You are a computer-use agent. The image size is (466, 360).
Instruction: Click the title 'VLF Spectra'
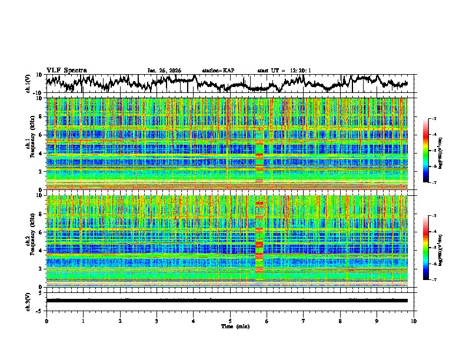66,70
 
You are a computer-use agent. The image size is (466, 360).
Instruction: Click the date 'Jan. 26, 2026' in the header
164,71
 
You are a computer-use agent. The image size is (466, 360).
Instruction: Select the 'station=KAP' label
218,71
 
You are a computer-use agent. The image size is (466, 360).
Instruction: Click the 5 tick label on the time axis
230,321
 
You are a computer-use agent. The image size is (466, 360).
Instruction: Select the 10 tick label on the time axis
414,321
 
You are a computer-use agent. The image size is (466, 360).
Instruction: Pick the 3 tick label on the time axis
157,321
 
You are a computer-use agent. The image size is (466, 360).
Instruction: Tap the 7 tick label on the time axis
304,321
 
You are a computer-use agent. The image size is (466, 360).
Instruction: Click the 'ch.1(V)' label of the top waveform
29,84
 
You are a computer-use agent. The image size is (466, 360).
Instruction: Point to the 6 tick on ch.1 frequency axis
40,135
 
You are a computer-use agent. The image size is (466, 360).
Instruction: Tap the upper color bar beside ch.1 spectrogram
432,151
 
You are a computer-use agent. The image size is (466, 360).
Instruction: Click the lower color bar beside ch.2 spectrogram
432,248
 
